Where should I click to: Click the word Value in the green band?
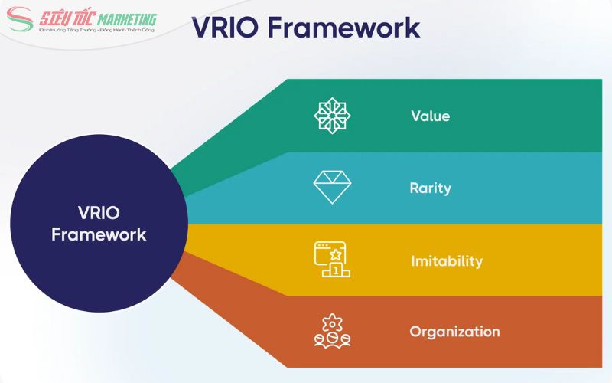pos(430,116)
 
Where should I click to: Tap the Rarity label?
pos(430,188)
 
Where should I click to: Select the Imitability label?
pos(447,260)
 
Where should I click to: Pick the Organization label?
pos(454,332)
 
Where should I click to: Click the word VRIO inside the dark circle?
pos(99,213)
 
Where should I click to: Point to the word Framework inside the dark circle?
pos(99,234)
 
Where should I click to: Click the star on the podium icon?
pos(334,254)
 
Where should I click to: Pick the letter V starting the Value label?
pos(415,116)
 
